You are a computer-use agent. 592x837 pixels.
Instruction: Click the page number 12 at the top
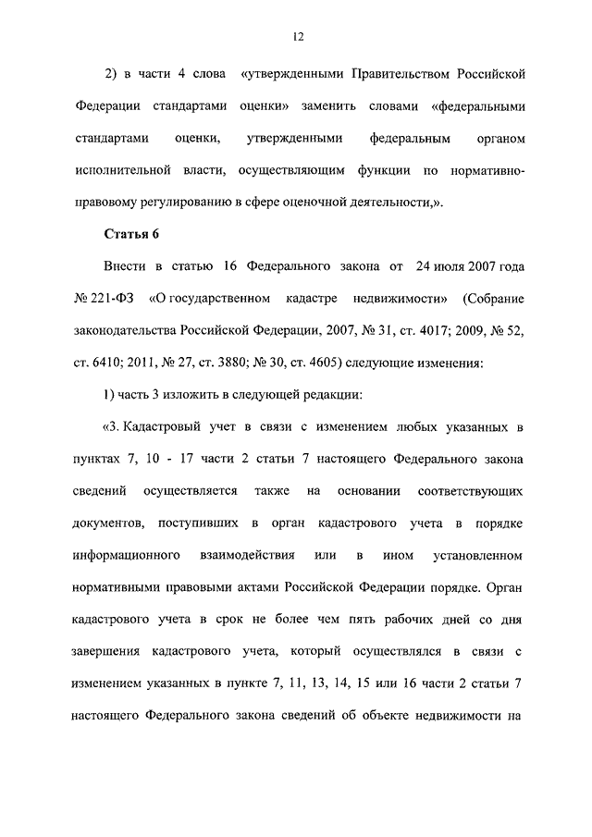pos(296,37)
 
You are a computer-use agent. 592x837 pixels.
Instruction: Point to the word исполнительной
pos(121,170)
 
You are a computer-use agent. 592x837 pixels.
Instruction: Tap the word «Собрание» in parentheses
pos(495,299)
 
